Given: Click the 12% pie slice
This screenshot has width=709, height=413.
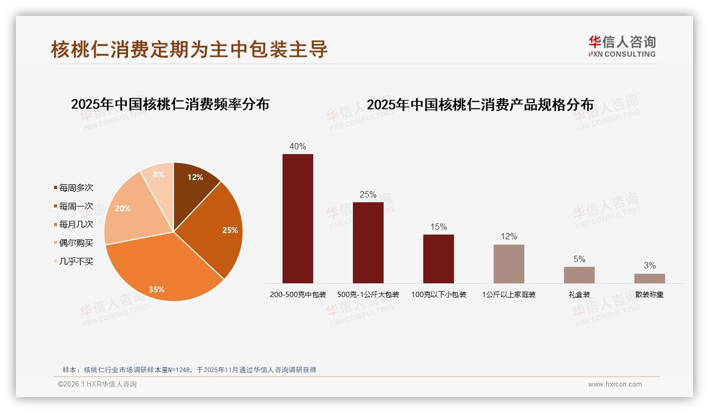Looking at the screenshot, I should click(195, 183).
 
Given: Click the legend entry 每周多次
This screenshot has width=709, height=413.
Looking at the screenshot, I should click(76, 188).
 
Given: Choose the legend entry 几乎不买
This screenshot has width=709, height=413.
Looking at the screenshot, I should click(76, 262).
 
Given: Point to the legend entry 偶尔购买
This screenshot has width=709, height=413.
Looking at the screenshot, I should click(76, 243).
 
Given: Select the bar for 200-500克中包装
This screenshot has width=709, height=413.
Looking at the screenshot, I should click(297, 218).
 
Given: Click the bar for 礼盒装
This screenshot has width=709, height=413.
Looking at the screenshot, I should click(579, 275).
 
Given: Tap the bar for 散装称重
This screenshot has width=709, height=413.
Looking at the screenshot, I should click(649, 278).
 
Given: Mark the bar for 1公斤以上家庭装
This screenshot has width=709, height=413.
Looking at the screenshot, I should click(508, 264).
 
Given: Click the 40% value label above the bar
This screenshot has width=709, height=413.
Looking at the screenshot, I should click(297, 147).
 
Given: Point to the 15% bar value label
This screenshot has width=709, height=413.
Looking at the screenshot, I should click(438, 227).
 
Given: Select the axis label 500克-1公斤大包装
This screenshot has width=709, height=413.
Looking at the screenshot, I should click(368, 295).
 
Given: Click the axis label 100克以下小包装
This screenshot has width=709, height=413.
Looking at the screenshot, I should click(439, 295).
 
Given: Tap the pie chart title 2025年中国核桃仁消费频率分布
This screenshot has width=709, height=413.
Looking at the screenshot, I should click(170, 104).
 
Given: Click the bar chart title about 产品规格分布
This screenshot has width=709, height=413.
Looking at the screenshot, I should click(480, 105).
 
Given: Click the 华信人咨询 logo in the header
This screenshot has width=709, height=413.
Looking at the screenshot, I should click(622, 46).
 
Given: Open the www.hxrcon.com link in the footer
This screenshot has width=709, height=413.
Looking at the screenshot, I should click(615, 384).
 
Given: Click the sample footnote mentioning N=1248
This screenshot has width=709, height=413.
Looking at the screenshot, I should click(189, 370).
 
